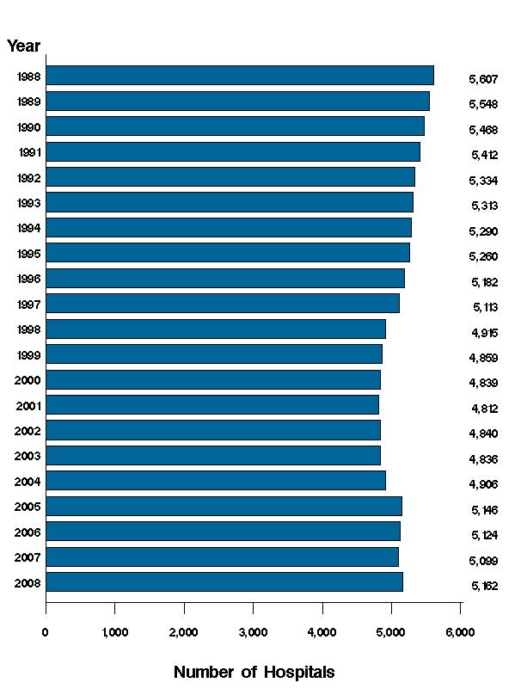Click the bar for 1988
[x=239, y=76]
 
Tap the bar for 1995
[x=227, y=253]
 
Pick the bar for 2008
[x=224, y=582]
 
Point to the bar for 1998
[x=215, y=329]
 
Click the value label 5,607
[x=484, y=79]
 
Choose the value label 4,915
[x=484, y=333]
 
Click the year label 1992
[x=28, y=178]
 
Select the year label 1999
[x=28, y=354]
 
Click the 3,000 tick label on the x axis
[x=253, y=633]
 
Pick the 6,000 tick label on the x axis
[x=460, y=633]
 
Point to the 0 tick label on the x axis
[x=46, y=633]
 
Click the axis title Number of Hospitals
[x=254, y=672]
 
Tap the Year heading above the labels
[x=23, y=46]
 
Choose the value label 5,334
[x=484, y=181]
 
